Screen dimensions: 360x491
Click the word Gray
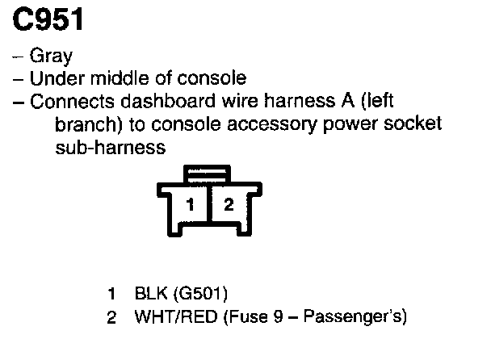point(51,57)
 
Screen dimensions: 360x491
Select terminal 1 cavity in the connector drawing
point(191,205)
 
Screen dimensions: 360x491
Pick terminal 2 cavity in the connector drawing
point(229,205)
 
